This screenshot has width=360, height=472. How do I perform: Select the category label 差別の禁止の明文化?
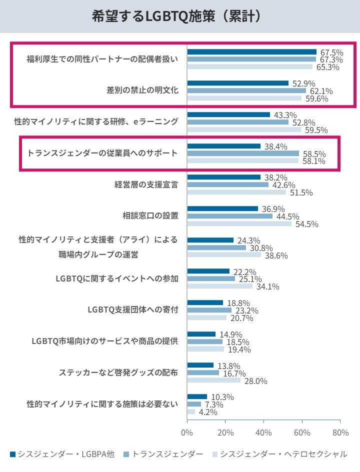click(x=142, y=90)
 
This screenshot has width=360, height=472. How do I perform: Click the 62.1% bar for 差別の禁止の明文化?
click(x=246, y=90)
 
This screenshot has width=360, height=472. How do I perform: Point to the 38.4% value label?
click(x=275, y=146)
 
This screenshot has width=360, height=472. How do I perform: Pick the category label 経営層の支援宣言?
click(x=146, y=184)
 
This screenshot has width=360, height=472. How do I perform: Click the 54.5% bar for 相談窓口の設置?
click(x=239, y=223)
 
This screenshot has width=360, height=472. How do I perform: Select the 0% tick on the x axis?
click(x=187, y=432)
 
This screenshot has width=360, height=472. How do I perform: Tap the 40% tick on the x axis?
click(x=263, y=432)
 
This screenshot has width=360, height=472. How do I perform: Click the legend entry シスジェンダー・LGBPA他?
click(x=62, y=454)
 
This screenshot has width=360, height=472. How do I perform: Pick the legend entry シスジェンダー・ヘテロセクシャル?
click(x=279, y=454)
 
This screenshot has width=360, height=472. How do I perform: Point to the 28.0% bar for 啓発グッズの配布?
click(x=213, y=380)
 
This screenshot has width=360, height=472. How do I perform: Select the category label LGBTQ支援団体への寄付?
click(x=132, y=310)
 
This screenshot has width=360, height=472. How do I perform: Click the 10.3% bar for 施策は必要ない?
click(x=197, y=396)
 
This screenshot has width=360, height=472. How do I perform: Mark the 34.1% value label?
click(x=267, y=286)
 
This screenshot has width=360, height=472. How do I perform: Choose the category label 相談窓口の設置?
click(x=150, y=216)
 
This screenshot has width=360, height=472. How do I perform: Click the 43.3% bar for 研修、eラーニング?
click(x=228, y=114)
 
